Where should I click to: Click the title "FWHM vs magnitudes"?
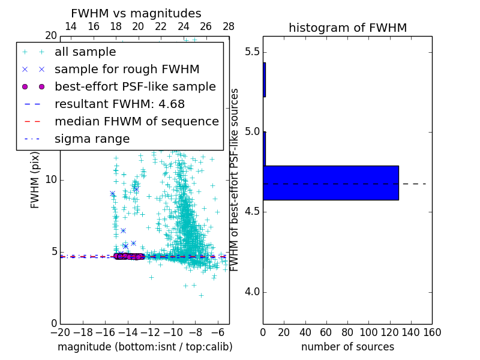(136, 14)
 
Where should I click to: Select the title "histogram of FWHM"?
(347, 28)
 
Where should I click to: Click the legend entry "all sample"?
(85, 52)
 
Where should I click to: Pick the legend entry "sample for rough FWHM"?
(127, 70)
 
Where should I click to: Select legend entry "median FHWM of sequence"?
(136, 122)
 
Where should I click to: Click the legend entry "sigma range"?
(92, 139)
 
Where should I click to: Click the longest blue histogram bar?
(331, 182)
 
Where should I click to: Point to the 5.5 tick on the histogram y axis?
(252, 52)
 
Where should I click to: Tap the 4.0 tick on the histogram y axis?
(252, 292)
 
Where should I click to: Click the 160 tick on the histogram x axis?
(431, 332)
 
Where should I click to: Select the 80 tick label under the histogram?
(347, 332)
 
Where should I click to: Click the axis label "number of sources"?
(347, 347)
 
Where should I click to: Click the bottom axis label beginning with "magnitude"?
(145, 347)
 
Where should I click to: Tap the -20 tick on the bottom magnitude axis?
(60, 332)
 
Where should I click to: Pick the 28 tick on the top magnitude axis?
(229, 26)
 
